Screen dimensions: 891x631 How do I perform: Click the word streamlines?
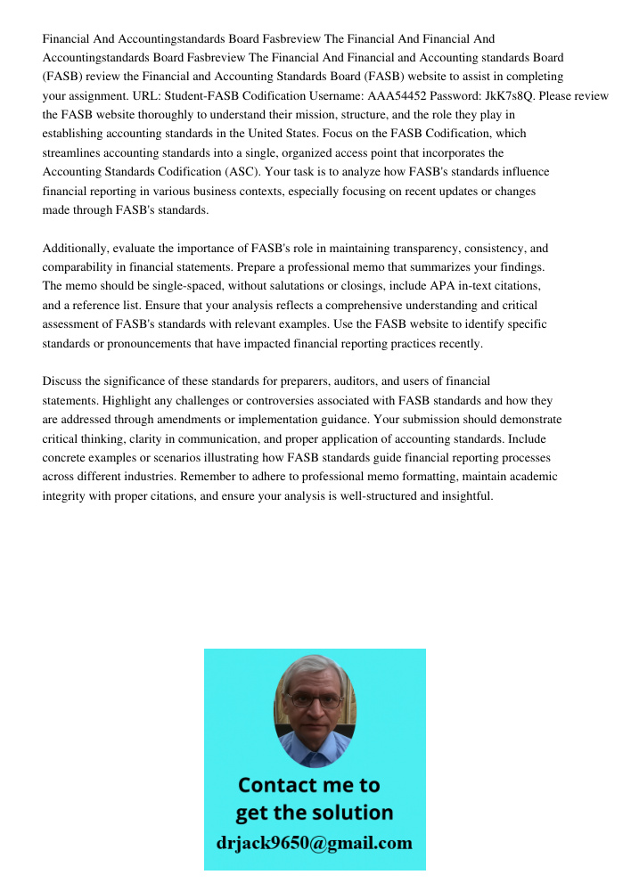(x=71, y=152)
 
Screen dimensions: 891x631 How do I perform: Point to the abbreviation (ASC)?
(x=240, y=171)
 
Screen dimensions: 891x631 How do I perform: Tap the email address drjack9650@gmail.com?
(x=314, y=843)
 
